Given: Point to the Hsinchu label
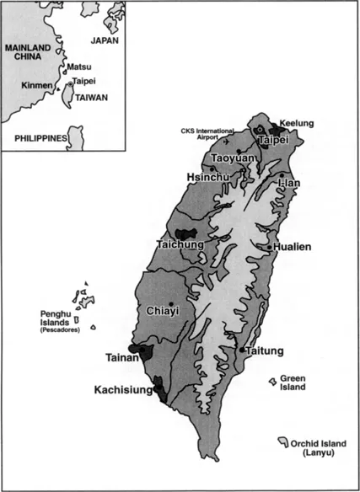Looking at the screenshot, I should point(207,177).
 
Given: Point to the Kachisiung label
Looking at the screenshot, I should point(127,390).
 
